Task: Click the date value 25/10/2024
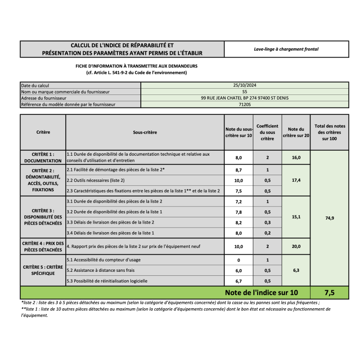click(x=245, y=85)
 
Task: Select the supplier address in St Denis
click(x=245, y=98)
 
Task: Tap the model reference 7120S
click(x=245, y=104)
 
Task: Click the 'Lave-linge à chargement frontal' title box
click(x=286, y=49)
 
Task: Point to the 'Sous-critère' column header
click(x=145, y=132)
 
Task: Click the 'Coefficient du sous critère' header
click(x=267, y=132)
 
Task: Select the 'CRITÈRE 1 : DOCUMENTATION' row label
click(x=43, y=157)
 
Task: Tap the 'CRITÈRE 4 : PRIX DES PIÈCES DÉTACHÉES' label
click(x=43, y=246)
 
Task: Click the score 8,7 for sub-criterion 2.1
click(x=238, y=170)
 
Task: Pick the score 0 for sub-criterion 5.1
click(x=238, y=260)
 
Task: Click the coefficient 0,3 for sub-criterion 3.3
click(x=267, y=222)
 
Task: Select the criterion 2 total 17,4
click(x=296, y=180)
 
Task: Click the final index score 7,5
click(x=329, y=292)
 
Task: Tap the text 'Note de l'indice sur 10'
click(x=261, y=292)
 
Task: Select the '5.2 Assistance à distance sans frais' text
click(x=100, y=270)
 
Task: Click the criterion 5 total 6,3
click(x=296, y=270)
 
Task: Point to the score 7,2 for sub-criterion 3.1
click(x=238, y=202)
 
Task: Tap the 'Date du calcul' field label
click(x=35, y=85)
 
